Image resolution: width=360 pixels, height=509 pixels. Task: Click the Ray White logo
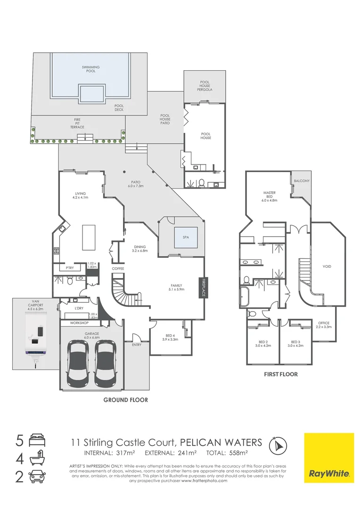[328, 458]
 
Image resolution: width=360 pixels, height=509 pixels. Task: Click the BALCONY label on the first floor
[302, 181]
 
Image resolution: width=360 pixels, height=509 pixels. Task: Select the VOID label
[327, 266]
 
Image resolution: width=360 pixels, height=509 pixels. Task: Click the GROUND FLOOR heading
[125, 400]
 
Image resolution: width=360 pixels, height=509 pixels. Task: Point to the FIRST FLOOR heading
[281, 374]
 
